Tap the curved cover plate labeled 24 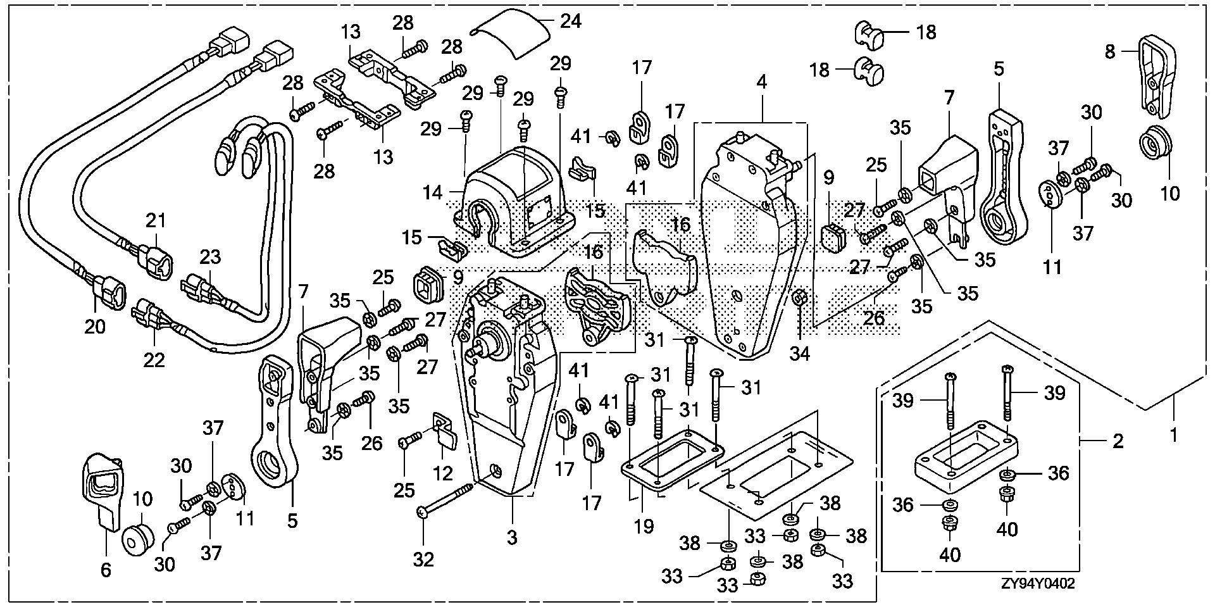[512, 32]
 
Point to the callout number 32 [423, 560]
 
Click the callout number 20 [95, 326]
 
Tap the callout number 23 [210, 257]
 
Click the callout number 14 [433, 192]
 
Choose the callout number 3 [512, 537]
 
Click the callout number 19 [644, 526]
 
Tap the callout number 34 [800, 353]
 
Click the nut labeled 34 [799, 297]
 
